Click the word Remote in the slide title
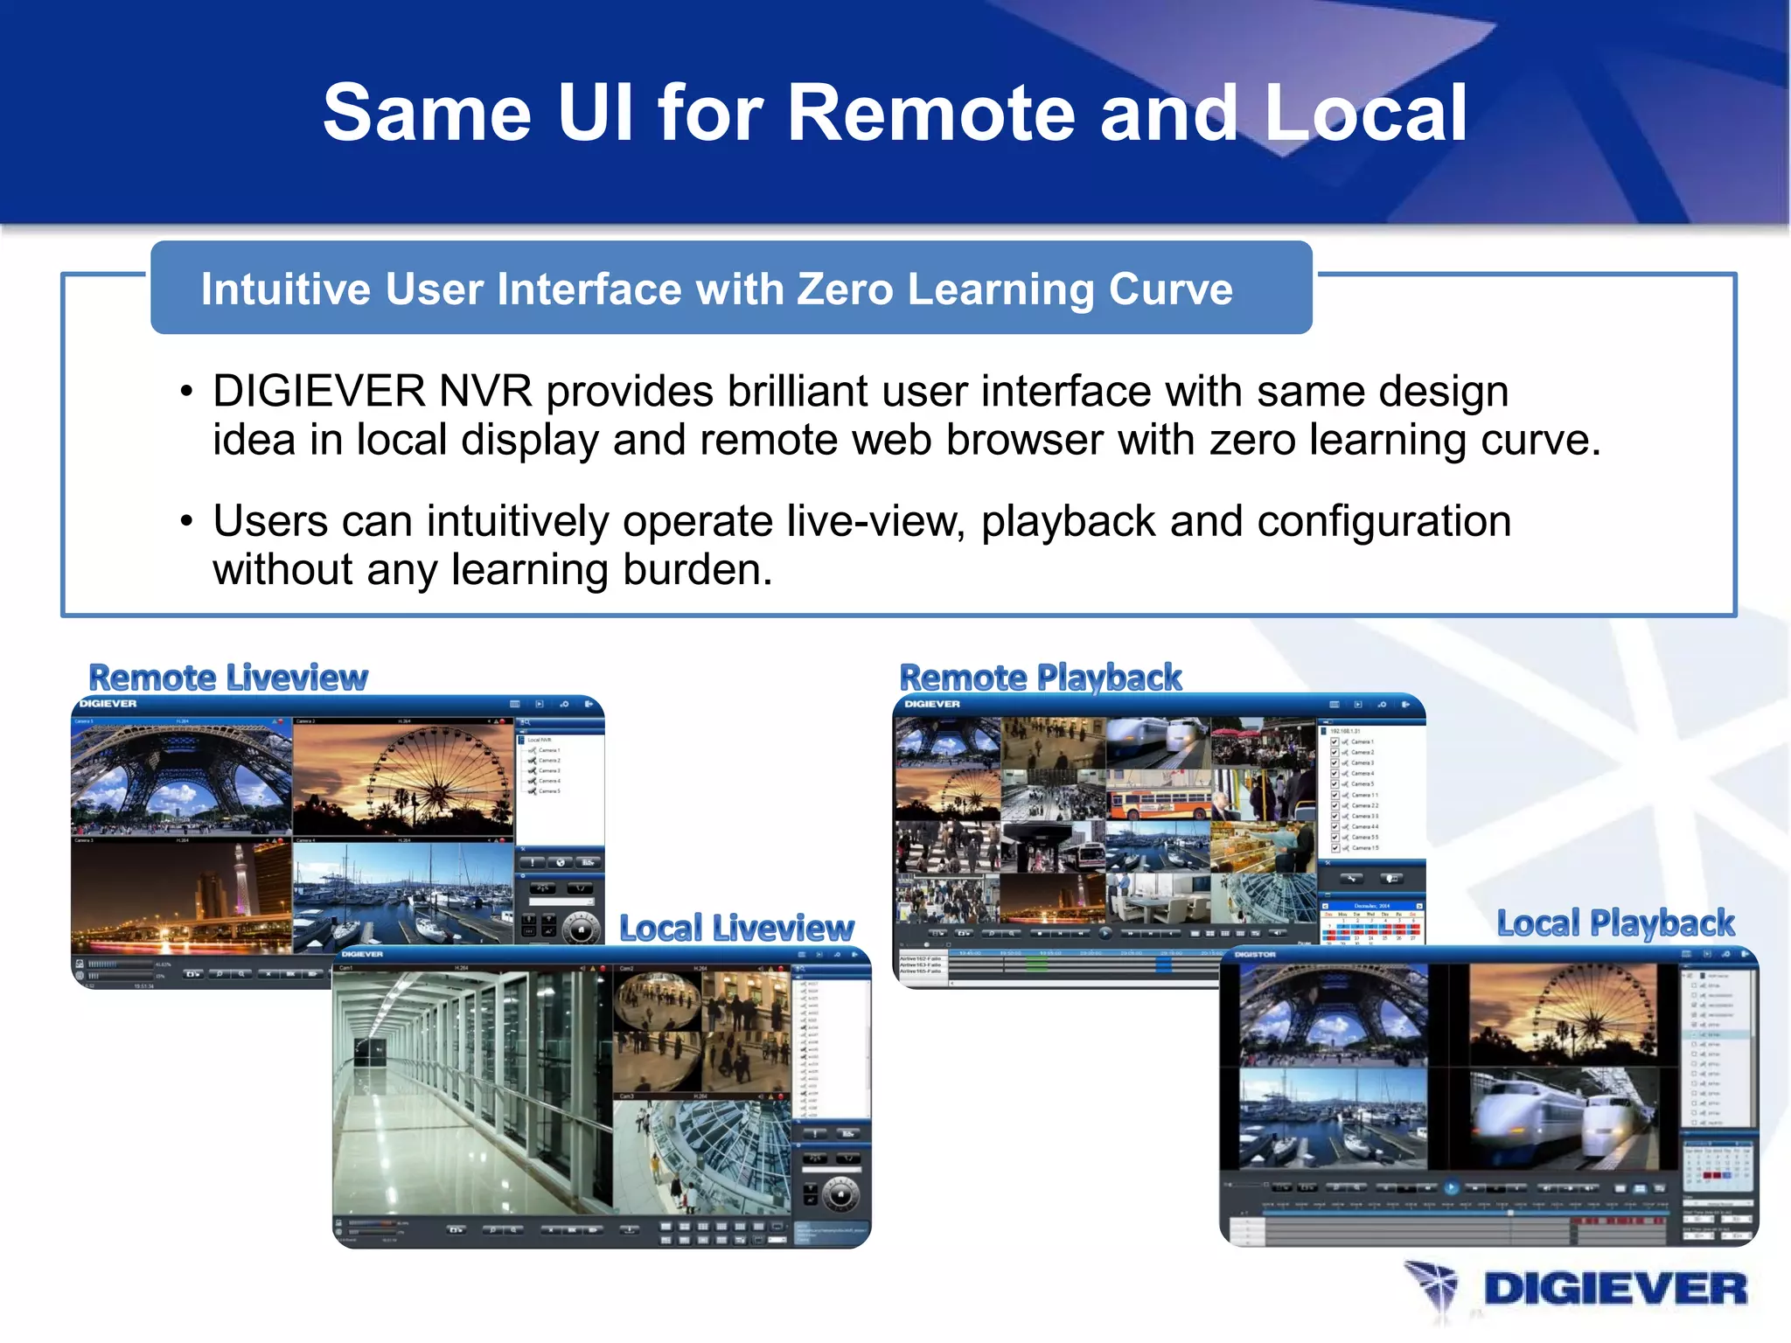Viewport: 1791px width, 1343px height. [930, 114]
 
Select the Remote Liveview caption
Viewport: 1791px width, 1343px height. [228, 678]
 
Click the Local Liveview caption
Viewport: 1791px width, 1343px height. [736, 928]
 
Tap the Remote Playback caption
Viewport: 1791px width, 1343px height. [1041, 678]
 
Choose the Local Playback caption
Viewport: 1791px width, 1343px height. [1615, 923]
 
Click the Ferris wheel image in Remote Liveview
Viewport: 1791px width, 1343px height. [402, 778]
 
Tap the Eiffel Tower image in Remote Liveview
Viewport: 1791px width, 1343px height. [181, 778]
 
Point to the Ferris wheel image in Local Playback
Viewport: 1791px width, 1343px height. [1563, 1014]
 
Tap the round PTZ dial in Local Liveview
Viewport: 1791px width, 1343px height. [840, 1195]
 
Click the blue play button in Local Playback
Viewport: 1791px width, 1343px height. [1451, 1188]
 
